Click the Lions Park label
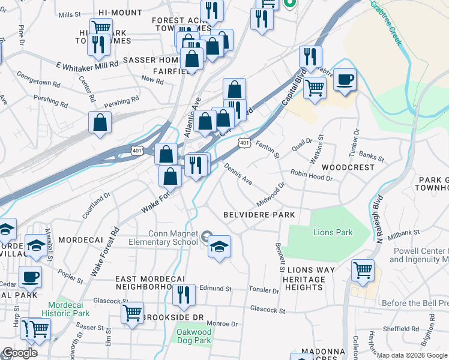tap(333, 232)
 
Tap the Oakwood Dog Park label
tap(194, 336)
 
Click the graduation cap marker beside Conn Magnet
tap(219, 247)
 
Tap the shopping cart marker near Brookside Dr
tap(132, 313)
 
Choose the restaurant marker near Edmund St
tap(184, 295)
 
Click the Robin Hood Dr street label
tap(312, 175)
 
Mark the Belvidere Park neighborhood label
tap(259, 215)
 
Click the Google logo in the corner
tap(19, 353)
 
